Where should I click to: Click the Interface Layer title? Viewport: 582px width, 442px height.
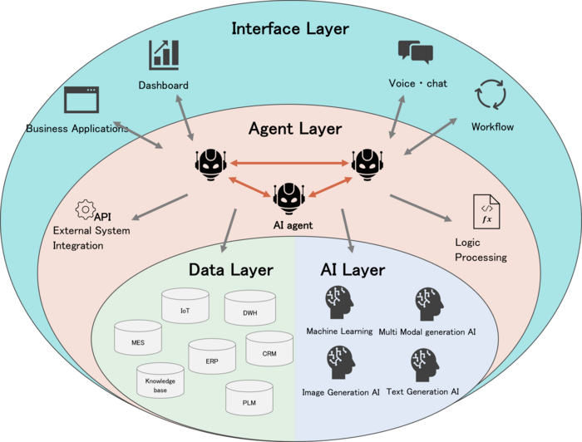pyautogui.click(x=290, y=29)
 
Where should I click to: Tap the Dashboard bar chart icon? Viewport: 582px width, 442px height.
pyautogui.click(x=164, y=55)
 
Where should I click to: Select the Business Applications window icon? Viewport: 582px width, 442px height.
pyautogui.click(x=82, y=101)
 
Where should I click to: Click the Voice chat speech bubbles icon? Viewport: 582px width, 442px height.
pyautogui.click(x=415, y=52)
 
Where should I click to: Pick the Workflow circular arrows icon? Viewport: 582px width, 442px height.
pyautogui.click(x=491, y=95)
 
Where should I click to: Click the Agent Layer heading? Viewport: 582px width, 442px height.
pyautogui.click(x=294, y=129)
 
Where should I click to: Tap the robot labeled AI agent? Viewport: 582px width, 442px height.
pyautogui.click(x=288, y=198)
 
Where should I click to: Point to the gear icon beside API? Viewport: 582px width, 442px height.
pyautogui.click(x=84, y=209)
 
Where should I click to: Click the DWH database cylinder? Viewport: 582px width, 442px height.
pyautogui.click(x=249, y=310)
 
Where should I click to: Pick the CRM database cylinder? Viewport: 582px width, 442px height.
pyautogui.click(x=269, y=351)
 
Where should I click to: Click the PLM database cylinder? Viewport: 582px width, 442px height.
pyautogui.click(x=249, y=399)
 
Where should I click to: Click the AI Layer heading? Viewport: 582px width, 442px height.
pyautogui.click(x=353, y=269)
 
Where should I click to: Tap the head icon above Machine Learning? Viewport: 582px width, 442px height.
pyautogui.click(x=338, y=300)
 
